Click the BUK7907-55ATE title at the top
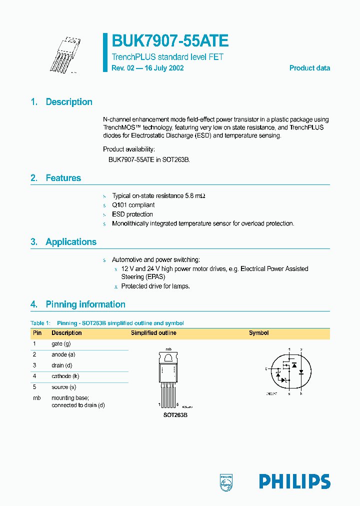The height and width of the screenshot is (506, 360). (x=170, y=41)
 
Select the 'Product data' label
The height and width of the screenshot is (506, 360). (x=309, y=68)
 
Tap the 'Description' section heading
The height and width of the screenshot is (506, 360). (x=69, y=102)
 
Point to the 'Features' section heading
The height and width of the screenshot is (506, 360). (x=63, y=178)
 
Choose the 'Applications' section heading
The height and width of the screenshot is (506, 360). (x=71, y=242)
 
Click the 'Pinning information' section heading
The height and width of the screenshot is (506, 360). (x=85, y=304)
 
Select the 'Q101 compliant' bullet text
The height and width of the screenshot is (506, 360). (x=133, y=205)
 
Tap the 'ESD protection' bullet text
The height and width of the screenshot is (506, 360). (x=132, y=214)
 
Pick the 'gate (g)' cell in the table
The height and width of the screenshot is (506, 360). (x=61, y=344)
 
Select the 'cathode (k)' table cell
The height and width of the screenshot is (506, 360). (x=65, y=376)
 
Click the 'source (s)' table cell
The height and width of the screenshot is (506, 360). (x=64, y=387)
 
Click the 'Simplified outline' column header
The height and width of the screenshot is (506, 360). (x=153, y=333)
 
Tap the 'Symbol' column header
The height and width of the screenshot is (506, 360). (x=258, y=333)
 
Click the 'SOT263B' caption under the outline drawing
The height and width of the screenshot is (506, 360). (x=175, y=415)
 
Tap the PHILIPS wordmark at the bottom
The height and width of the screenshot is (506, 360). (x=294, y=481)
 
